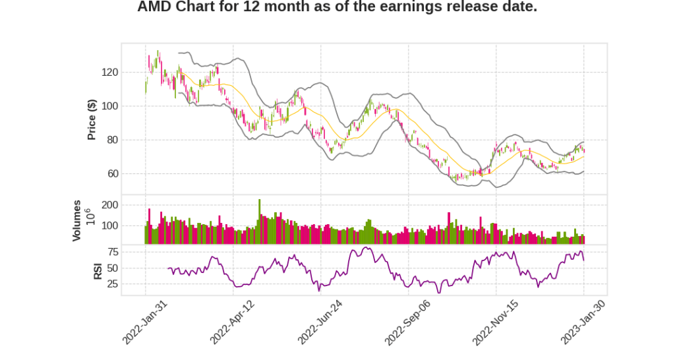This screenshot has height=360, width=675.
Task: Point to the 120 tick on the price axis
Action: click(109, 72)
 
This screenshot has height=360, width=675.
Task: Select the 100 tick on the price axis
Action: click(109, 106)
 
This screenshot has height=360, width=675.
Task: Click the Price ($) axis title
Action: click(92, 119)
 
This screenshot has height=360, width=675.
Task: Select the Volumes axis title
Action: click(77, 220)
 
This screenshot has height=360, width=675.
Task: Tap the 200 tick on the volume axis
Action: click(109, 205)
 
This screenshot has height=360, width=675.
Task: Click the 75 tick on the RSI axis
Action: click(112, 252)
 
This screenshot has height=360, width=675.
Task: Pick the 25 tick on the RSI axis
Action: click(112, 284)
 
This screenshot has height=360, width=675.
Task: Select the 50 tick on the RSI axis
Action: click(112, 268)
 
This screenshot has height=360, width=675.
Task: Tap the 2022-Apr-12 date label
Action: click(231, 322)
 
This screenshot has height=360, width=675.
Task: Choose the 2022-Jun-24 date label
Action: click(319, 322)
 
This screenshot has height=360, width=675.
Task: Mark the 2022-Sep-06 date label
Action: click(407, 322)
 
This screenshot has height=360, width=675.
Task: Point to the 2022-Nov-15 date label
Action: click(494, 322)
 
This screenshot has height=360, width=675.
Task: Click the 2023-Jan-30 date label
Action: click(582, 322)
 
